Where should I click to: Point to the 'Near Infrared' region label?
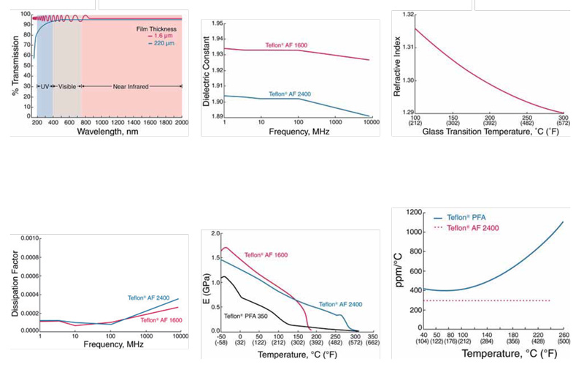pos(131,86)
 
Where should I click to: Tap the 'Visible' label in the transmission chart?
pos(67,86)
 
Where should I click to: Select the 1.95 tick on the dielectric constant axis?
pos(218,23)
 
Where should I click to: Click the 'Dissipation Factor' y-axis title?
pos(15,284)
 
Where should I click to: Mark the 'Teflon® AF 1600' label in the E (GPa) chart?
pos(264,255)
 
